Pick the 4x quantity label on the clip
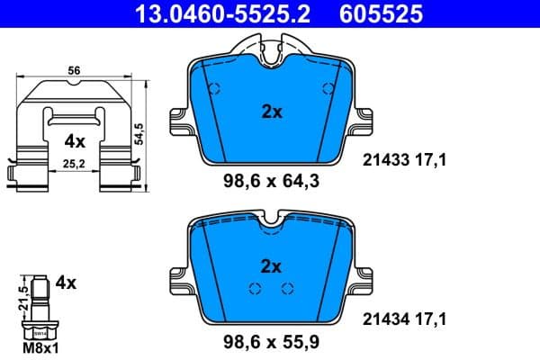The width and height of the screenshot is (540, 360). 75,142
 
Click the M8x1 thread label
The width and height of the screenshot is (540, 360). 39,346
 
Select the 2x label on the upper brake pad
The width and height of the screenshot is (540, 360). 272,112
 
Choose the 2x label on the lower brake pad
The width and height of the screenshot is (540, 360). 272,265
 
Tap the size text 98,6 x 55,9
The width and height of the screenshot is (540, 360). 271,343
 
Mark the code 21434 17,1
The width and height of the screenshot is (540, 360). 405,318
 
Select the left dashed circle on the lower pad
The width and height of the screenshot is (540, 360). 255,288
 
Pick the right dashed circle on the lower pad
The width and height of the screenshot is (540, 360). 287,288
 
